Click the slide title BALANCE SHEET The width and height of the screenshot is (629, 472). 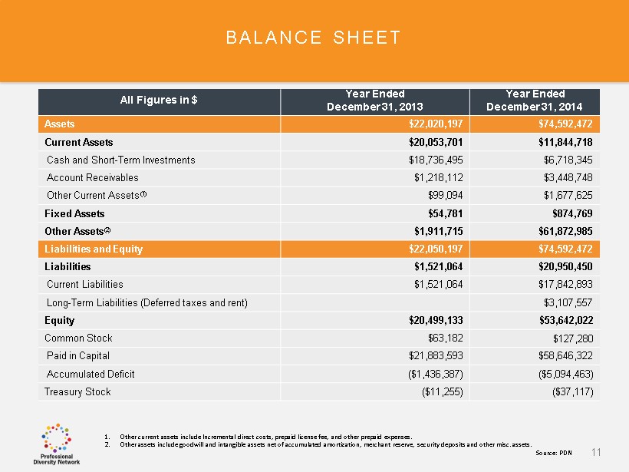point(313,38)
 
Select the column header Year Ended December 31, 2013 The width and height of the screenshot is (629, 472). point(375,100)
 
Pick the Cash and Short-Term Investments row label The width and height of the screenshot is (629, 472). point(120,160)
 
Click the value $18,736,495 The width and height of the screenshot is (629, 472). point(436,160)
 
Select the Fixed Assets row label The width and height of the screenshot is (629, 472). point(74,213)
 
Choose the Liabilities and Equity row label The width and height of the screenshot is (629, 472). point(94,249)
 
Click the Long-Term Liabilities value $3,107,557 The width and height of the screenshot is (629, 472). point(566,302)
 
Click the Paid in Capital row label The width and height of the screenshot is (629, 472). point(78,355)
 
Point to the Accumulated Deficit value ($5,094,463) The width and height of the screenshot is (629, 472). point(561,374)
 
